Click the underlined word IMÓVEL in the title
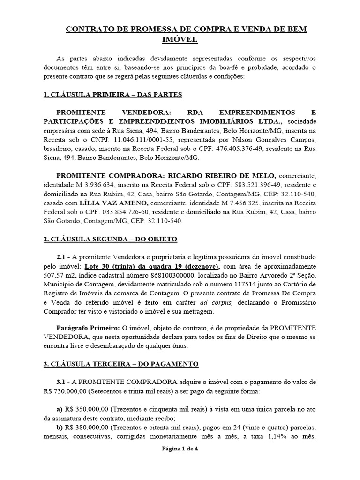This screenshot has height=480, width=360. [x=180, y=40]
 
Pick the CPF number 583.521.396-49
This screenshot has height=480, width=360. [x=259, y=184]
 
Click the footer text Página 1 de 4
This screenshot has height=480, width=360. [x=180, y=462]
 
